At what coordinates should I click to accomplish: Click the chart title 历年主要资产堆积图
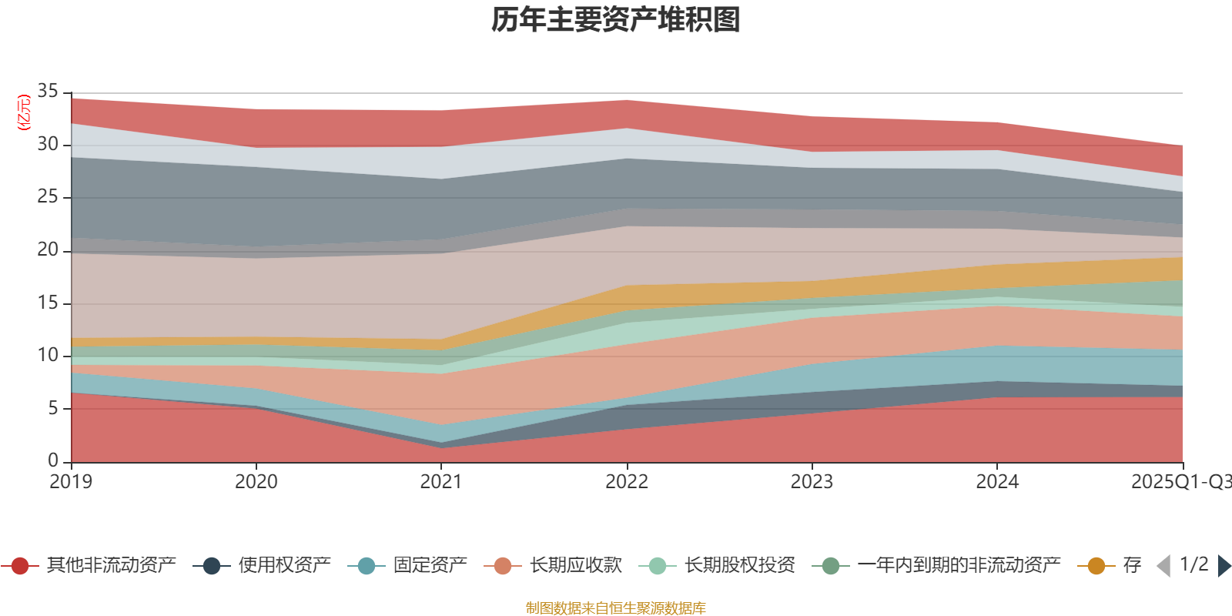(616, 20)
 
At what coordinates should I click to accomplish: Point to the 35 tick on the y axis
(48, 92)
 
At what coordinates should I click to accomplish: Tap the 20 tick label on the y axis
(48, 249)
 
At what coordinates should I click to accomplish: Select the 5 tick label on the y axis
(52, 408)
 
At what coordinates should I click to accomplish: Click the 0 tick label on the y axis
(52, 460)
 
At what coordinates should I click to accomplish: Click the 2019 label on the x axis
(71, 482)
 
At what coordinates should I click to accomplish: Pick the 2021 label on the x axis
(441, 482)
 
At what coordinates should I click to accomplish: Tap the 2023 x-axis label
(812, 482)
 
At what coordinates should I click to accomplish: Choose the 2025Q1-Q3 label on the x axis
(1180, 482)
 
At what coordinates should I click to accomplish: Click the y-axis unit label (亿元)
(24, 112)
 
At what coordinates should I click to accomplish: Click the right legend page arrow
(1224, 566)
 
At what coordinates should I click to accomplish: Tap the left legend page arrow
(1163, 566)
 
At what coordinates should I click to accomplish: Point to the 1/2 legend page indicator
(1193, 564)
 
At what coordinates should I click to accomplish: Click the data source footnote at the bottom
(616, 608)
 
